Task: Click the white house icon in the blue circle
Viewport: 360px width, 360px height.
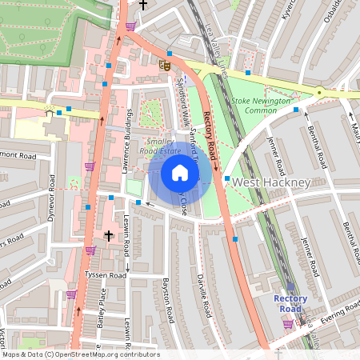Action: pos(180,173)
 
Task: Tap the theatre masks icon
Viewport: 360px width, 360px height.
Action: pos(165,65)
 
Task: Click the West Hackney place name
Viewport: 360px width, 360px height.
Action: pos(270,183)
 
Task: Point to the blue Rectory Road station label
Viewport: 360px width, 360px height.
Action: pos(290,304)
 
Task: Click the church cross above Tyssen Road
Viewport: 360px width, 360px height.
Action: pos(110,236)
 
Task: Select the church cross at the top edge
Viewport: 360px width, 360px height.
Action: pos(143,5)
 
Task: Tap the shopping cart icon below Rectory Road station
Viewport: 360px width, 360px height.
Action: pos(287,324)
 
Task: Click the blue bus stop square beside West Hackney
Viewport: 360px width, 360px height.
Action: pos(227,178)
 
